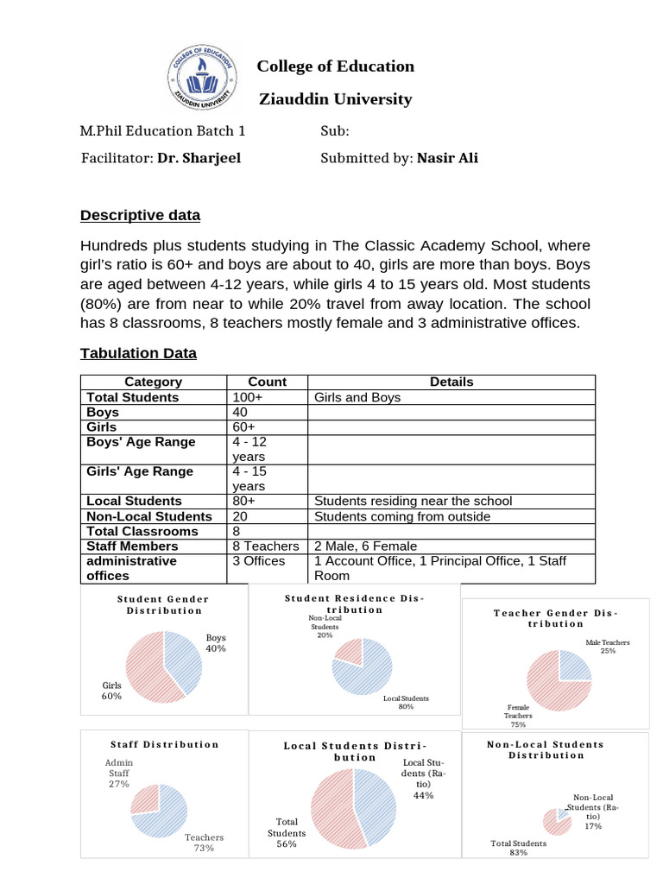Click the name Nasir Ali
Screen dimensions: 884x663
[447, 158]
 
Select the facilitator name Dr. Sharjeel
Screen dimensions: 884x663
[199, 158]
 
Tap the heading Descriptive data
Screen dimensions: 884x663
[140, 215]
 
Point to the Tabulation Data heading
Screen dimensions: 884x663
[138, 353]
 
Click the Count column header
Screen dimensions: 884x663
[267, 382]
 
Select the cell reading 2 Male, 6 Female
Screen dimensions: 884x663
[366, 546]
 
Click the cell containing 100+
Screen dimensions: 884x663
[246, 397]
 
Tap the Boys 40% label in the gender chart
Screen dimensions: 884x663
[215, 643]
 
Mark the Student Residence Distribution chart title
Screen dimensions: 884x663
[354, 603]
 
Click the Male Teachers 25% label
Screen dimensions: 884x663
[608, 647]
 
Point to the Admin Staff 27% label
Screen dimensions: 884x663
[119, 773]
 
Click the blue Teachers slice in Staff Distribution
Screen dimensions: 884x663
[167, 816]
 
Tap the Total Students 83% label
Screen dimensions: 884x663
[518, 848]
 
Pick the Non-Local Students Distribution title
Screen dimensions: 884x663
[546, 749]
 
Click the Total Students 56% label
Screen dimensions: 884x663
[287, 832]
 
